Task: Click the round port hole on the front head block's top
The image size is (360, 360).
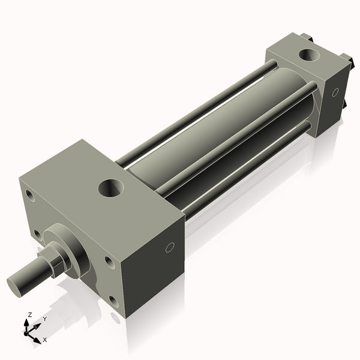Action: [x=111, y=188]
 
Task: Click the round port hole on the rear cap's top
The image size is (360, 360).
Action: [x=309, y=55]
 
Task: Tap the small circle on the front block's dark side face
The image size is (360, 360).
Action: [x=170, y=247]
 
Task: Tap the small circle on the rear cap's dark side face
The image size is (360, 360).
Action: [x=335, y=92]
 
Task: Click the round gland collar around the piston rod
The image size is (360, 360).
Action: [x=69, y=250]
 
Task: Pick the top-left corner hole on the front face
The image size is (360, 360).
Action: [x=30, y=196]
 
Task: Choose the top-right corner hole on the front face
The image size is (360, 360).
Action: [x=110, y=262]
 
